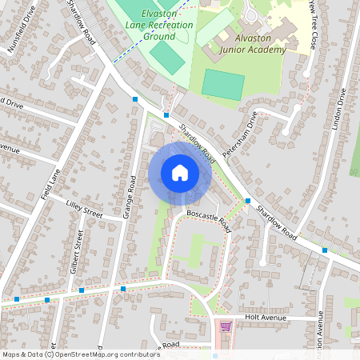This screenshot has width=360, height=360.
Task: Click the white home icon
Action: [x=180, y=173]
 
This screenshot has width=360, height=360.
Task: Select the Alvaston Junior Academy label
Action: [x=250, y=44]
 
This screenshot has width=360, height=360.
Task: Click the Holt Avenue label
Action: [x=265, y=318]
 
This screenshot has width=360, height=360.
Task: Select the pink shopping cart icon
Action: [x=226, y=326]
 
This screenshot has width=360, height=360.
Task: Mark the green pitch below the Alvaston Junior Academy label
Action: [x=223, y=84]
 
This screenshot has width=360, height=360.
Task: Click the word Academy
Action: [x=268, y=50]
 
